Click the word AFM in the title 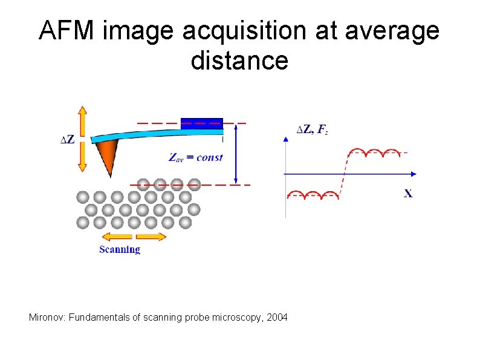(65, 31)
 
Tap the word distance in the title (239, 61)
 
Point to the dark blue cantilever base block (202, 123)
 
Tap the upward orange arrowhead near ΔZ (83, 112)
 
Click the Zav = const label (195, 157)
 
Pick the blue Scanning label (120, 249)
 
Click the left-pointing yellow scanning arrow (115, 237)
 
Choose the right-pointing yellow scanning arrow (151, 237)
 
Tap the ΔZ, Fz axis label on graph (311, 129)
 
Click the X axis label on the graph (409, 194)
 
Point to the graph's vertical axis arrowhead (285, 139)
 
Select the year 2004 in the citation (277, 318)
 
